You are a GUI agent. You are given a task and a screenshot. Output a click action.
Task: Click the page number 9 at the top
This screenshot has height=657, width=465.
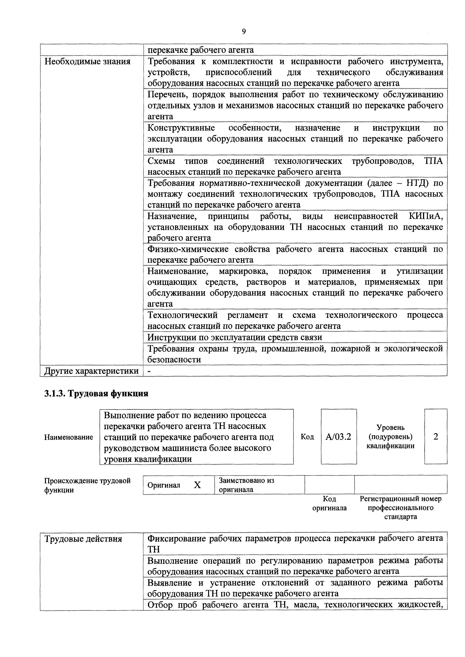[x=244, y=31]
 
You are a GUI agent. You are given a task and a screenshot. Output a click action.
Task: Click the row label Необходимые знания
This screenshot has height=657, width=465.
[x=87, y=61]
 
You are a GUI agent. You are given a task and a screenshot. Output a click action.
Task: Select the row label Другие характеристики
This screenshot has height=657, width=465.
[x=91, y=371]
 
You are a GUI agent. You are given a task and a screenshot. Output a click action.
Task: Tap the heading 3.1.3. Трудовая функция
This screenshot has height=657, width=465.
[x=96, y=393]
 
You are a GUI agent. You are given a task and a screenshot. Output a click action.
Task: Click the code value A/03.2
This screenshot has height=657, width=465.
[x=338, y=437]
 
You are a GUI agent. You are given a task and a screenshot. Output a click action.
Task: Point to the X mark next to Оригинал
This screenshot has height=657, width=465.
[x=197, y=485]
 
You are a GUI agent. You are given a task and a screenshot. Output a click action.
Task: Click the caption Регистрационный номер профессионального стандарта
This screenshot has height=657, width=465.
[x=400, y=508]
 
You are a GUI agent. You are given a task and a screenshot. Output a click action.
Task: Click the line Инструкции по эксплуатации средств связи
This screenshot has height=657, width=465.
[x=235, y=337]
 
